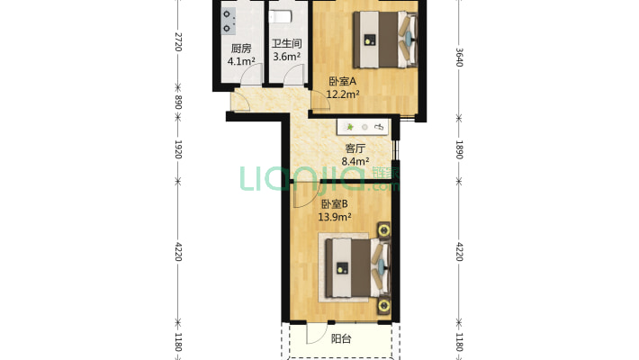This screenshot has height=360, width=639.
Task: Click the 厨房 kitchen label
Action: tap(239, 49)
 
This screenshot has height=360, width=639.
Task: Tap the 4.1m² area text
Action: tap(241, 62)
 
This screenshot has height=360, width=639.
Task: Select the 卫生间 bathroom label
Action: tap(286, 43)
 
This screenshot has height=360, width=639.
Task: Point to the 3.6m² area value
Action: tap(286, 56)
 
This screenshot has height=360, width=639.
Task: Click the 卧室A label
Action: tap(342, 81)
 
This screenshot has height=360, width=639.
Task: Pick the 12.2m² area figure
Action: tap(343, 94)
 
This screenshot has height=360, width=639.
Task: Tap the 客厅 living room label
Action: tap(355, 149)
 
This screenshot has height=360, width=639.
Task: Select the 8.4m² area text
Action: tap(355, 162)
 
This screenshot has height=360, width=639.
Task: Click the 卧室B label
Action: tap(334, 204)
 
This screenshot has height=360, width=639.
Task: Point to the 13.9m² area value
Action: tap(334, 217)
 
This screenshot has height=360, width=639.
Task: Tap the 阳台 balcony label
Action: tap(340, 339)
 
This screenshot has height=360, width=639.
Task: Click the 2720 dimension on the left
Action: tap(178, 41)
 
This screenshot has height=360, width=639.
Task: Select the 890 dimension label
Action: tap(178, 103)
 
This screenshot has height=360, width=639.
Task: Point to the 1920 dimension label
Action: tap(178, 149)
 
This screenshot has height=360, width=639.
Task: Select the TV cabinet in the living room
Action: tap(364, 128)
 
